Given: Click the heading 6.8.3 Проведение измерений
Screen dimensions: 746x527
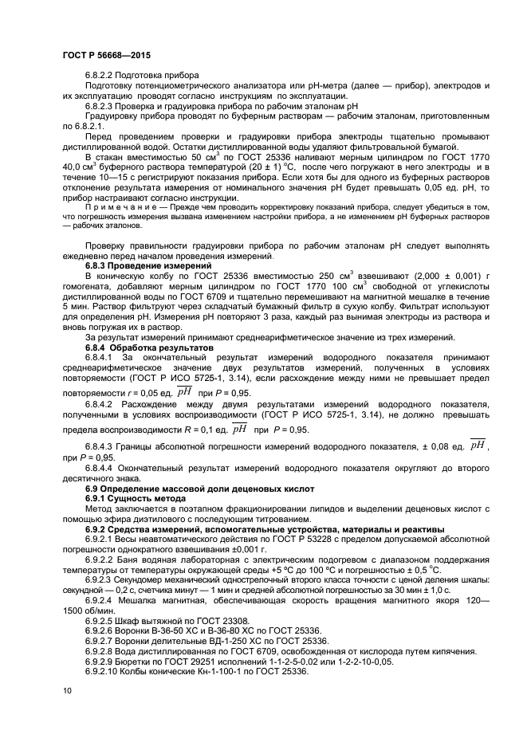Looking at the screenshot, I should coord(148,265).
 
